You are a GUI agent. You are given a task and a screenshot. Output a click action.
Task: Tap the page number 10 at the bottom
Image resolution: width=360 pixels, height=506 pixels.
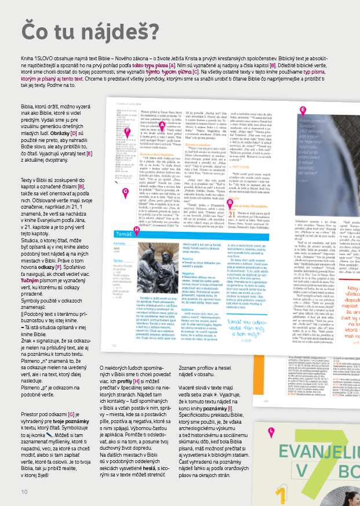(24, 492)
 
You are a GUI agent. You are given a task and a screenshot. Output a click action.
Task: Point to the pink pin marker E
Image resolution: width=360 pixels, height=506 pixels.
(302, 110)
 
